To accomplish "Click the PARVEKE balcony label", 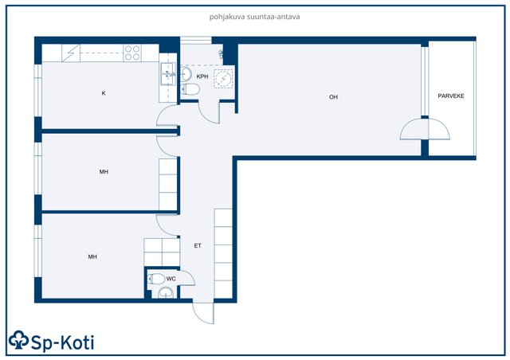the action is tap(451, 96).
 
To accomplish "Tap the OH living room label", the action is tap(333, 97).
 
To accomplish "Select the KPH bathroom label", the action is tap(202, 76).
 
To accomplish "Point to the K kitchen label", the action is tap(104, 93).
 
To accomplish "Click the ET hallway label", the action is tap(198, 246).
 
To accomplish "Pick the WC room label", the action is tap(171, 279).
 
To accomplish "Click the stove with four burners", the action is tap(132, 53).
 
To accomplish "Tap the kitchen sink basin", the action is tap(168, 74).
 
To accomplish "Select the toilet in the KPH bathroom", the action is tap(190, 88).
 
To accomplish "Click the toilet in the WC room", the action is tap(156, 279).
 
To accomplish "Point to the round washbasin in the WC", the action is tap(166, 293).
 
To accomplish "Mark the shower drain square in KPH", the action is tap(223, 78).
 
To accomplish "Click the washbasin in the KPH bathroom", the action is tap(186, 73).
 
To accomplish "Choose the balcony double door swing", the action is tap(425, 129).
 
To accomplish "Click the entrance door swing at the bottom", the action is tap(203, 313).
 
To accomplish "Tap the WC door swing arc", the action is tap(187, 278).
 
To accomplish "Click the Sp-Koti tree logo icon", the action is tap(19, 340).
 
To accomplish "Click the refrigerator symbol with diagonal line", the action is tap(71, 53).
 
